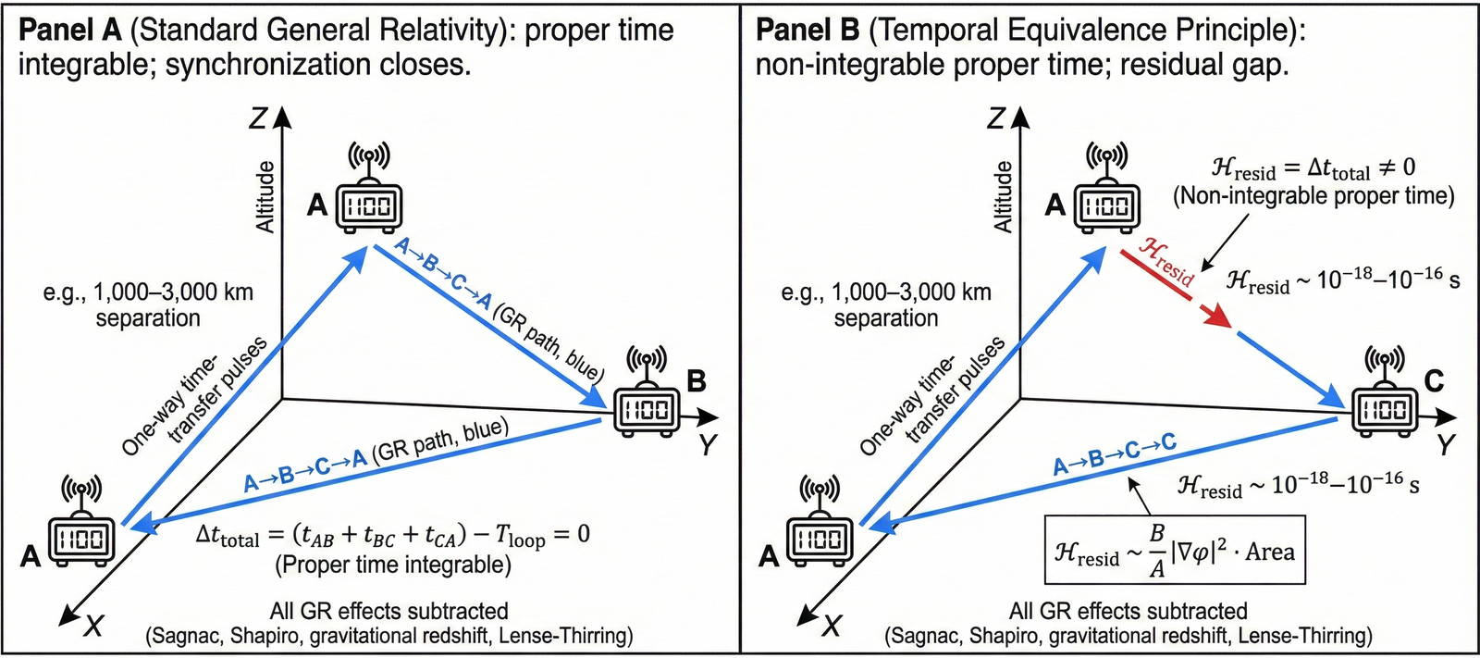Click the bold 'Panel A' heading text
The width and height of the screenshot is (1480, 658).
click(69, 30)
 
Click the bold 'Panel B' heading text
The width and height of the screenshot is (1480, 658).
click(808, 30)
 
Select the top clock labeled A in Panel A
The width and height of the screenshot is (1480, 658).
click(369, 205)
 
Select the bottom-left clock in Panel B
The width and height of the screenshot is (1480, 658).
click(820, 539)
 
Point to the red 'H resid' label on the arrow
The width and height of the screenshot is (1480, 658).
click(1166, 261)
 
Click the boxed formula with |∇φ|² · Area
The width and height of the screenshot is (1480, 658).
click(1175, 551)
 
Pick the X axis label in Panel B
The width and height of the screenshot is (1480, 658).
click(832, 627)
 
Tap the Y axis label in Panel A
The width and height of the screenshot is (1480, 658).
click(708, 445)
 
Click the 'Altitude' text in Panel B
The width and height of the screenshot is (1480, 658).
click(1002, 196)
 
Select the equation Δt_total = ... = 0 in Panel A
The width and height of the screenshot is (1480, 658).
click(392, 536)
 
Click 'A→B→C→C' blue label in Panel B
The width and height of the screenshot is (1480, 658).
click(1115, 453)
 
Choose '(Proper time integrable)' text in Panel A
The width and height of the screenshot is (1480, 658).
click(392, 565)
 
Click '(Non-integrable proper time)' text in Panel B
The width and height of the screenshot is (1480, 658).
click(1313, 196)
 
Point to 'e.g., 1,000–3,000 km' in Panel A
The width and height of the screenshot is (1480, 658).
click(148, 292)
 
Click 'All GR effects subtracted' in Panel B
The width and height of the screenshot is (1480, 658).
click(1128, 611)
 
